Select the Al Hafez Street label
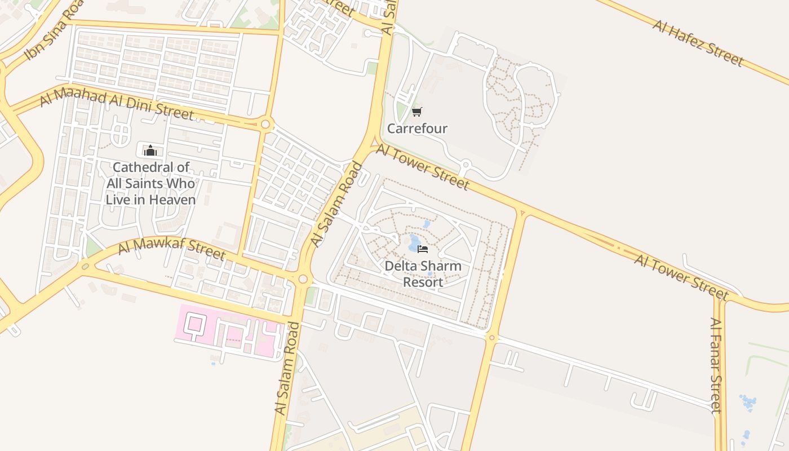(698, 43)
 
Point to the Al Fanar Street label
(716, 365)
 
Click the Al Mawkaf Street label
(172, 248)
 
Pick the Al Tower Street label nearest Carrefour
(422, 167)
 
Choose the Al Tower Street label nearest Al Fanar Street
(682, 277)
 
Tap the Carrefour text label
(417, 129)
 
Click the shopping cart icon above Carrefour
(416, 112)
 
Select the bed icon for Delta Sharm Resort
(423, 249)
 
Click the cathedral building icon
(150, 151)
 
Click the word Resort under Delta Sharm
(423, 282)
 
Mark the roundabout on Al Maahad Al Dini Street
(265, 123)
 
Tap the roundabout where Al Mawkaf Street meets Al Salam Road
(303, 279)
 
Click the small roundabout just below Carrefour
(466, 165)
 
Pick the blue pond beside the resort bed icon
(414, 241)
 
